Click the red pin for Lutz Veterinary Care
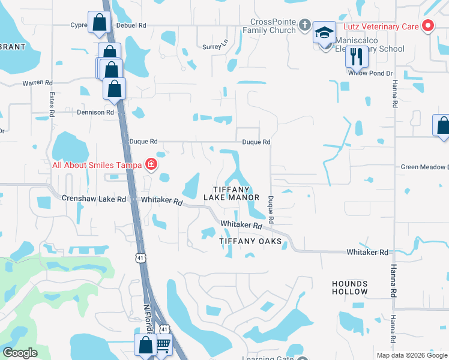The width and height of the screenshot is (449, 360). tap(428, 26)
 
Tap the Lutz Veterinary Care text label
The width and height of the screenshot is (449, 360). tap(381, 26)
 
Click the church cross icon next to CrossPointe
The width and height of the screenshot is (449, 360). tap(305, 26)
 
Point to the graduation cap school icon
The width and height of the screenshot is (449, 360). tap(324, 34)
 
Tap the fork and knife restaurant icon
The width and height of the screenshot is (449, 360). tap(357, 56)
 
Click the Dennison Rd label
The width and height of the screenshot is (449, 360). tap(95, 112)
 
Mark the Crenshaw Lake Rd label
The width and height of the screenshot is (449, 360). tap(94, 198)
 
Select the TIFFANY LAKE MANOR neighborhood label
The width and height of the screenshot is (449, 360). tap(231, 193)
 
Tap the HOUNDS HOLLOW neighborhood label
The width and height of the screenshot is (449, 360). tap(349, 287)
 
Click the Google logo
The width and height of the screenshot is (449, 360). tap(20, 353)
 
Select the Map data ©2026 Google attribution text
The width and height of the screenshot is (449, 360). tap(411, 355)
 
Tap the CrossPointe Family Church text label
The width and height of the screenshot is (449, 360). tap(274, 26)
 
